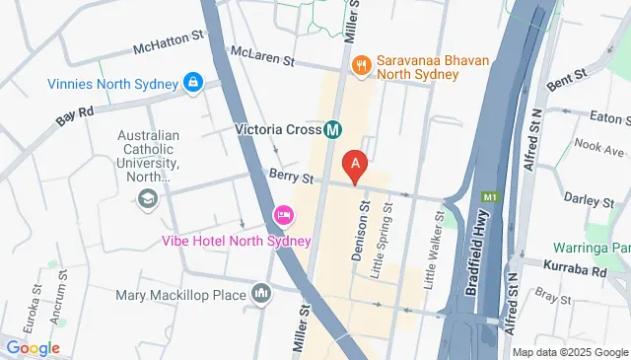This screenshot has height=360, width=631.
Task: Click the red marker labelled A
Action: (354, 164)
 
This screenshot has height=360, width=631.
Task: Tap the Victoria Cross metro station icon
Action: (333, 128)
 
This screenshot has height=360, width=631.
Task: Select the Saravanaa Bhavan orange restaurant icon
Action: (361, 66)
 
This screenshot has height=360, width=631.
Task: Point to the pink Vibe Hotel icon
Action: (283, 215)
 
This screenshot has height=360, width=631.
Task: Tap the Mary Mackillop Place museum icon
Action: (261, 293)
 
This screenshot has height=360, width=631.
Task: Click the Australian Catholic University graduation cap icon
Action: (148, 200)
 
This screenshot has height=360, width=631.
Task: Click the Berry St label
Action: (290, 177)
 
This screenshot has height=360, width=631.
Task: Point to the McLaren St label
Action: (261, 57)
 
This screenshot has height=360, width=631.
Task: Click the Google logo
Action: (34, 347)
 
